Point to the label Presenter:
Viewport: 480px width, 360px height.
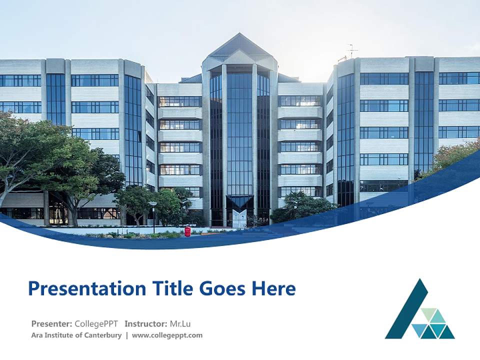tap(51, 323)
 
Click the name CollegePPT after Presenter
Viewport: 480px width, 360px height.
tap(96, 323)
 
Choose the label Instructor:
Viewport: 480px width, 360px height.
tap(146, 323)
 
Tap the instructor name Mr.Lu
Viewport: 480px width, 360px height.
tap(180, 323)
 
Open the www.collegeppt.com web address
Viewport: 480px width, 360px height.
tap(167, 335)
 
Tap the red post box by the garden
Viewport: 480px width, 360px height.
tap(187, 231)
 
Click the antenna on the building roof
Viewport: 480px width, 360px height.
tap(351, 50)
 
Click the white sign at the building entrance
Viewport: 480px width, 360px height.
tap(239, 218)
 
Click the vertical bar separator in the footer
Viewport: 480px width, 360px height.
tap(126, 335)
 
